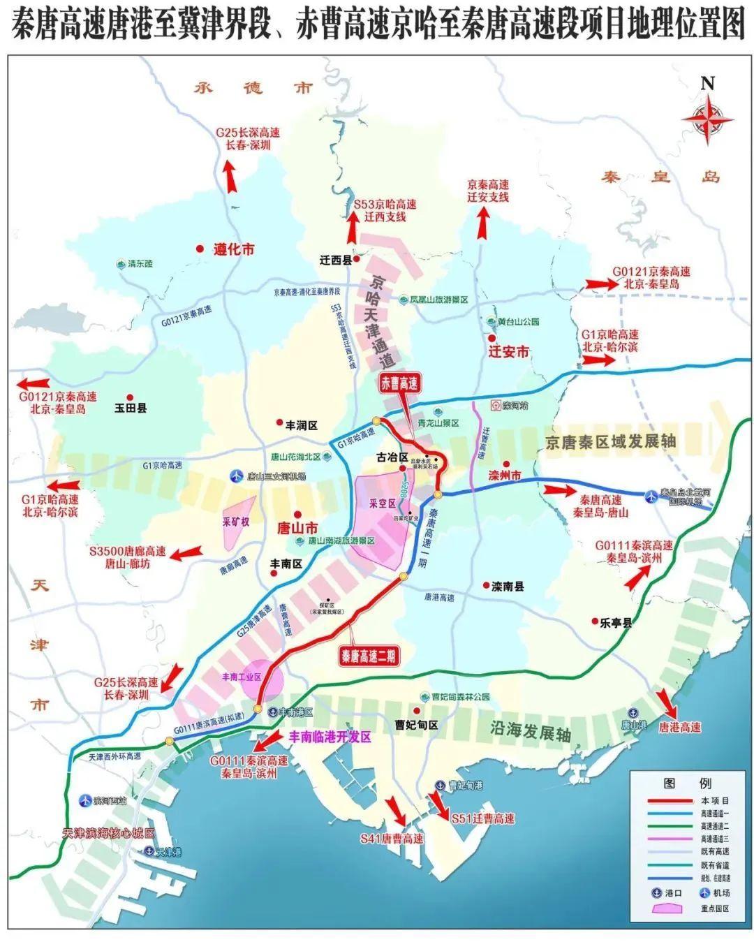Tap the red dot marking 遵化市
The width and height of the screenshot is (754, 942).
point(200,249)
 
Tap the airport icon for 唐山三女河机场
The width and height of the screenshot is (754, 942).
point(236,476)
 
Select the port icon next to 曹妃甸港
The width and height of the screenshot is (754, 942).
point(440,786)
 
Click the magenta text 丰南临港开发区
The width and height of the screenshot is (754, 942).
point(330,736)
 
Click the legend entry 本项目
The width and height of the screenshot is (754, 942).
point(706,800)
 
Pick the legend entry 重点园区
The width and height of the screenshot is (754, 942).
point(706,908)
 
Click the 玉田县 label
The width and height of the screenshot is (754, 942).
point(131,409)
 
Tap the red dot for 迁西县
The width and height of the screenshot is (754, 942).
point(357,259)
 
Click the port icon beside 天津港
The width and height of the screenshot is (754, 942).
point(148,851)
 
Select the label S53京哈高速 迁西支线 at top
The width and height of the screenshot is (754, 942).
point(385,210)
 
